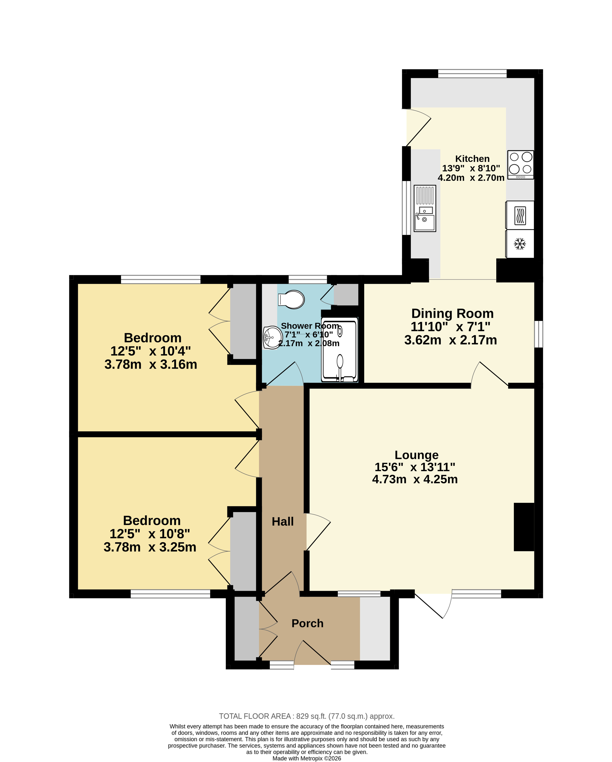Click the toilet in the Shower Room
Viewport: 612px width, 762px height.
[291, 299]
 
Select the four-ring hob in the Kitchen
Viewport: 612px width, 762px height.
[521, 165]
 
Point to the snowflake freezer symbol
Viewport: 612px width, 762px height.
[520, 244]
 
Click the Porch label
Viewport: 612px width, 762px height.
[307, 624]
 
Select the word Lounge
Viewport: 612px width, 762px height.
[416, 455]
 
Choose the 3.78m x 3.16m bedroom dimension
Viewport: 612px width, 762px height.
[151, 364]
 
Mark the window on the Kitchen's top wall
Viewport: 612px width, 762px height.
[472, 73]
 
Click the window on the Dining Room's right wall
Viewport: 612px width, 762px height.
[538, 334]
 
